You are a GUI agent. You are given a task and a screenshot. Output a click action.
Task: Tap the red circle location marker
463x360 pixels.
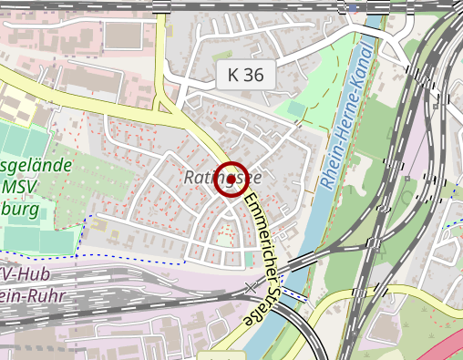(231, 179)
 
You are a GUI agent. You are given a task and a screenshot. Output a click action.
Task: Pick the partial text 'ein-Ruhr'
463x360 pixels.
(24, 295)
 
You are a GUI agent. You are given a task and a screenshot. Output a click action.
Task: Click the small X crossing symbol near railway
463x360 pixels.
(252, 288)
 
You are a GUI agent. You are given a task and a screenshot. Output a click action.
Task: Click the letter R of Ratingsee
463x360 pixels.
(190, 177)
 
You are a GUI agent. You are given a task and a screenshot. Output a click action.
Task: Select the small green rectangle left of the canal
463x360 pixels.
(297, 108)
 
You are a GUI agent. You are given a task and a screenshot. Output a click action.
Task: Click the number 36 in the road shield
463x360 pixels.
(255, 76)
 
